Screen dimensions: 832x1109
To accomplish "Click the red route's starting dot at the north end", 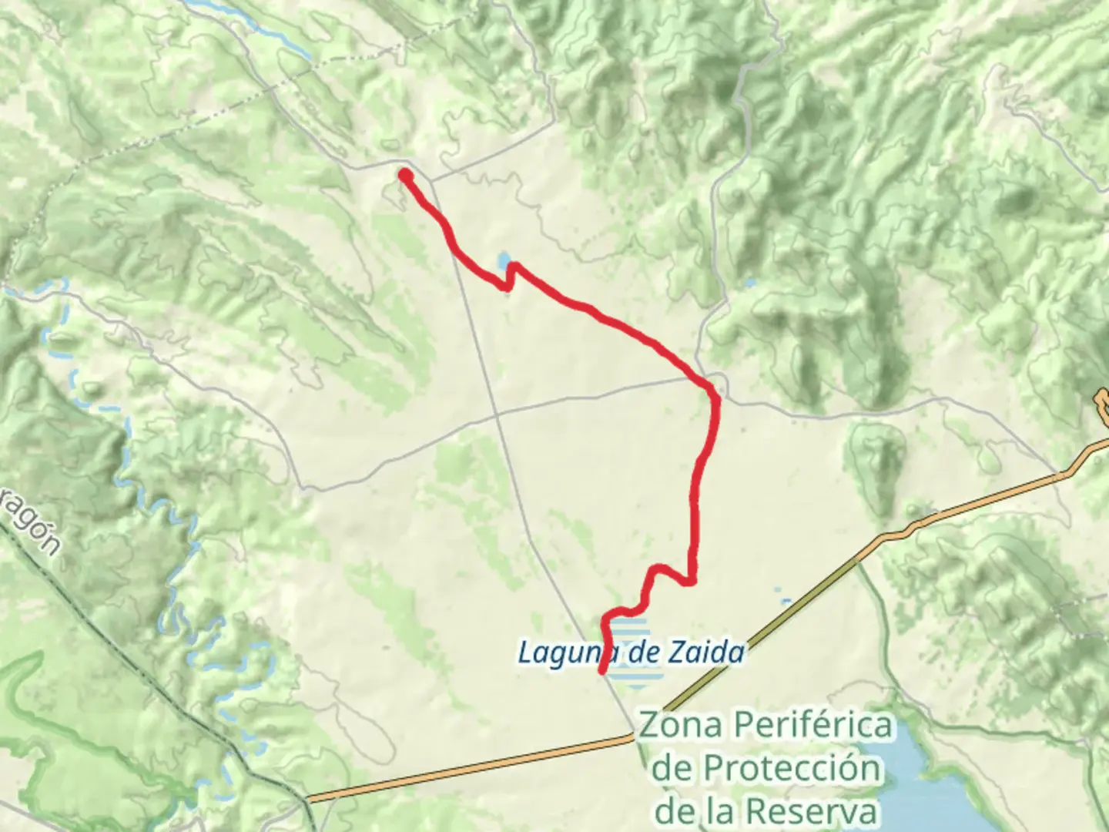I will click(404, 176).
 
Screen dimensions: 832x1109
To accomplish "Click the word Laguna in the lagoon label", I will click(561, 653).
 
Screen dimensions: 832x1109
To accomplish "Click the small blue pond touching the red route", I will click(503, 261).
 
